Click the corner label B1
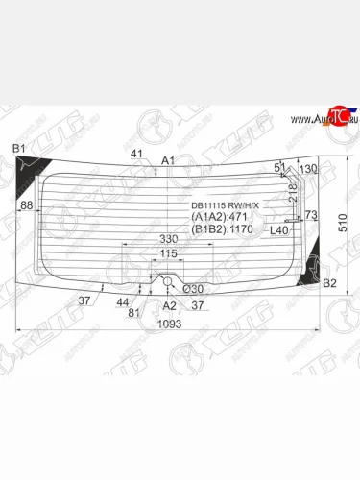18,149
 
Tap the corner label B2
329,283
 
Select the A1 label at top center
168,160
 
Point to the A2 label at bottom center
169,306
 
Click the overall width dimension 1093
170,324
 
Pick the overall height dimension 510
343,223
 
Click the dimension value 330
169,239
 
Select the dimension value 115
168,253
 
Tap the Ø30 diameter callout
193,289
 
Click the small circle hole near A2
167,281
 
